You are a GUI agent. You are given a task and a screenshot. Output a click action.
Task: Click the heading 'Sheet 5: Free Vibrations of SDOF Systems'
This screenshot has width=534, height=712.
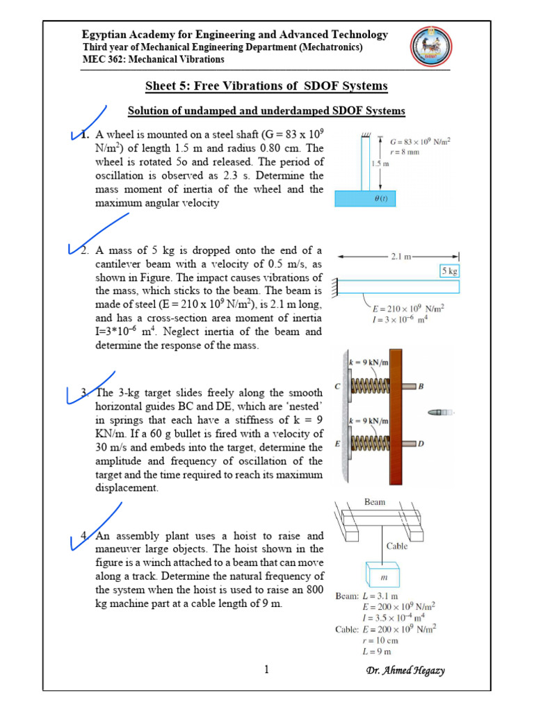pos(266,86)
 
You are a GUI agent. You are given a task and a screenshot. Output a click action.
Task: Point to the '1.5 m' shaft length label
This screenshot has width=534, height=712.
pos(374,164)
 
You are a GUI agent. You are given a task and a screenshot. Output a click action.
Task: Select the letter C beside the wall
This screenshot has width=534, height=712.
pos(338,386)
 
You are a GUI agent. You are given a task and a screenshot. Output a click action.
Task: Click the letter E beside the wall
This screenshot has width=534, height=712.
pos(338,443)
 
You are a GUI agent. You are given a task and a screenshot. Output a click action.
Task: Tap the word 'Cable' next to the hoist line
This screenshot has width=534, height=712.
pos(397,546)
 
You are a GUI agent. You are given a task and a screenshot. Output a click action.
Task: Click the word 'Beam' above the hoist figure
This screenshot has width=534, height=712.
pos(375,502)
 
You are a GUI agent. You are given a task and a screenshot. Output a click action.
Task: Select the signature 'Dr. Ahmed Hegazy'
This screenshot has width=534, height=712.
pos(405,670)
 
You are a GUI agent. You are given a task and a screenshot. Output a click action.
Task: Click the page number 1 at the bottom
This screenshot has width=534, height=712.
pos(266,670)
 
